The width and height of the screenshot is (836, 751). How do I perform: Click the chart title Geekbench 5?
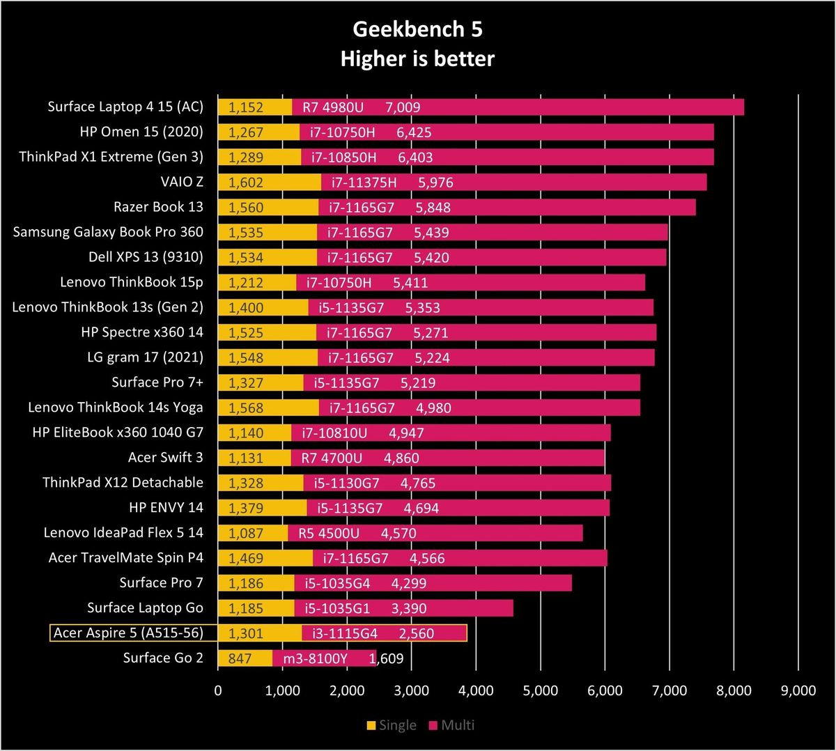[x=417, y=29]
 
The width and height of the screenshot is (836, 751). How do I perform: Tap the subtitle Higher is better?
[x=417, y=59]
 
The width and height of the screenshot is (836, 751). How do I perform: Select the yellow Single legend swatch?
[x=371, y=725]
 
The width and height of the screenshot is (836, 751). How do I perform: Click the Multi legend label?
[x=458, y=725]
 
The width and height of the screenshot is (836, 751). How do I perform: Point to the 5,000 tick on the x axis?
[x=540, y=690]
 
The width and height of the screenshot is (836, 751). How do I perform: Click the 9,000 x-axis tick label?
[x=798, y=690]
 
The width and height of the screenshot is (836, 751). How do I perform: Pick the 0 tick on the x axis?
[x=218, y=690]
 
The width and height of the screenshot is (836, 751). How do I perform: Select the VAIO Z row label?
[x=182, y=182]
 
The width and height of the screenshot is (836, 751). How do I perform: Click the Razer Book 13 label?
[x=158, y=207]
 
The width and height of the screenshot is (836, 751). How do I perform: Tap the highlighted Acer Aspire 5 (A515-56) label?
[x=128, y=633]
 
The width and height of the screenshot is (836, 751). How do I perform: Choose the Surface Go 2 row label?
[x=164, y=658]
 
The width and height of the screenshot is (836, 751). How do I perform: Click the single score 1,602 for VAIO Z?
[x=246, y=183]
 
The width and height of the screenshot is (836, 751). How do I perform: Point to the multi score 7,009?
[x=403, y=107]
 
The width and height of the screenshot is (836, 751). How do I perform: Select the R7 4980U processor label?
[x=333, y=107]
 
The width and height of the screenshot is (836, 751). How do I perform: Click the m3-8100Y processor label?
[x=316, y=658]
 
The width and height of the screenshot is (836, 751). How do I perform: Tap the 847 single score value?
[x=240, y=658]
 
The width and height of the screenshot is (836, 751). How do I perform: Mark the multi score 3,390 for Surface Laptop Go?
[x=409, y=608]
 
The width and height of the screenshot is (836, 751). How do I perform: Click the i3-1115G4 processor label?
[x=345, y=633]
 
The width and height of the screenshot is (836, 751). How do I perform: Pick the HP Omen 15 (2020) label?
[x=141, y=132]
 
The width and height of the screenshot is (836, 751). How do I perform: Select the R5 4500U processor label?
[x=329, y=533]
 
